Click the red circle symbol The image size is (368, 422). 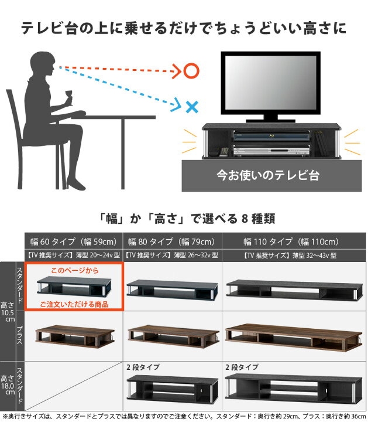pos(191,72)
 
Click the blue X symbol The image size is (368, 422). pos(191,107)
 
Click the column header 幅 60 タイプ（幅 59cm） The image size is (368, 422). pos(74,241)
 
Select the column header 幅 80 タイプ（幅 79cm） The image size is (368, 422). pos(172,241)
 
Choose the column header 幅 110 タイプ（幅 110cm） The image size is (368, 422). pos(291,241)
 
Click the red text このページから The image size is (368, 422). pos(74,271)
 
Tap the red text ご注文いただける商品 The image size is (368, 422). pos(74,304)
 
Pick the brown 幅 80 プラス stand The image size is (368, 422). pos(172,335)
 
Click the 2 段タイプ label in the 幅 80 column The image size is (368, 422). pos(143,367)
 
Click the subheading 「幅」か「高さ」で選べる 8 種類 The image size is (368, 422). pos(184,219)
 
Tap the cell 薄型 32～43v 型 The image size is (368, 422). pos(291,255)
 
